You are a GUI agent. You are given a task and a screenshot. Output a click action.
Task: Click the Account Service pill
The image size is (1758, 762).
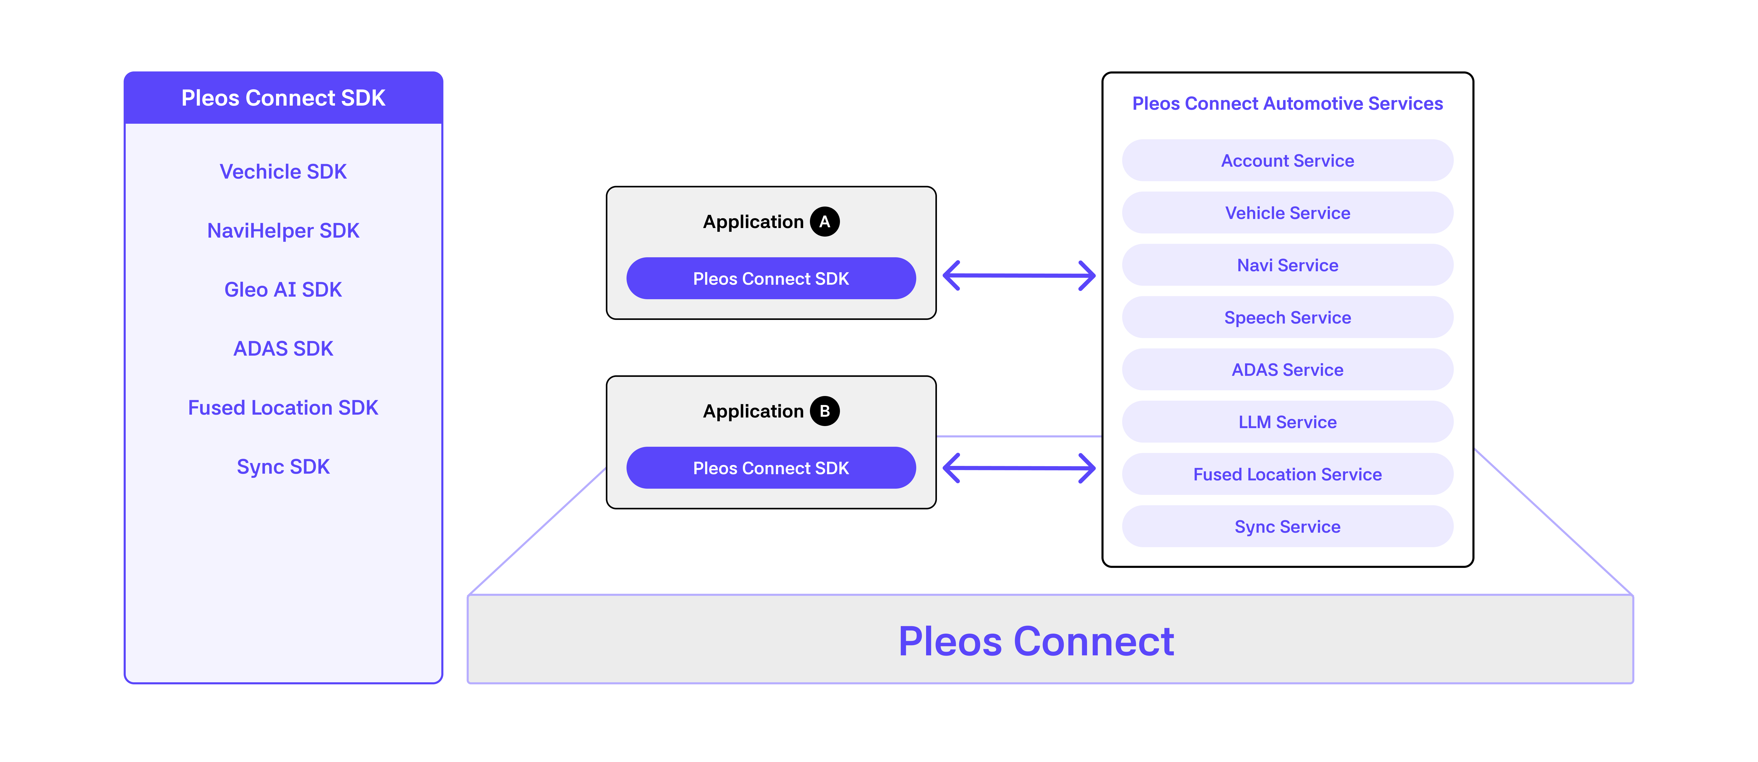tap(1287, 160)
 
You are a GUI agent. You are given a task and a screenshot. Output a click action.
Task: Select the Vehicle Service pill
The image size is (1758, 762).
tap(1287, 213)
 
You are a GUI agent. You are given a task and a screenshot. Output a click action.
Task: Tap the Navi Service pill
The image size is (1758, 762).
tap(1287, 265)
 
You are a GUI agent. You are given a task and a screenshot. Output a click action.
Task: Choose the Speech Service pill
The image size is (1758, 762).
tap(1287, 318)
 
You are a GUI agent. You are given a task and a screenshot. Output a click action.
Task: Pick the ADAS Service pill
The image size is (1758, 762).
tap(1287, 369)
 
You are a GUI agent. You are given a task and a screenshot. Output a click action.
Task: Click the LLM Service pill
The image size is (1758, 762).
tap(1287, 422)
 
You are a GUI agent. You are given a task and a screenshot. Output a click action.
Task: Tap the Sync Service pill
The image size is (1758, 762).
tap(1287, 526)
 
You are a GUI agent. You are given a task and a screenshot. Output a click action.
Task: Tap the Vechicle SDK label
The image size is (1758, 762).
tap(283, 171)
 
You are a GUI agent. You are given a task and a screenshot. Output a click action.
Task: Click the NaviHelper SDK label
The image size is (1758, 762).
tap(283, 231)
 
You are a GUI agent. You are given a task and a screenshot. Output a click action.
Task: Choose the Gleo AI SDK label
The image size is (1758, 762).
tap(283, 290)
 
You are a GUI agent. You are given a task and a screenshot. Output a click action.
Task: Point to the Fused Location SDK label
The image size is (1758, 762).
tap(283, 408)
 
